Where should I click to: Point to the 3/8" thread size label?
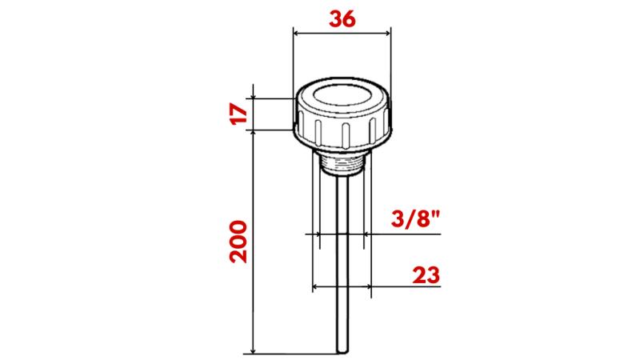coord(415,220)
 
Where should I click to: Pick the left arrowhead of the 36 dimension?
coord(298,33)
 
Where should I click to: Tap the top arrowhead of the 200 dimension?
coord(253,134)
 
